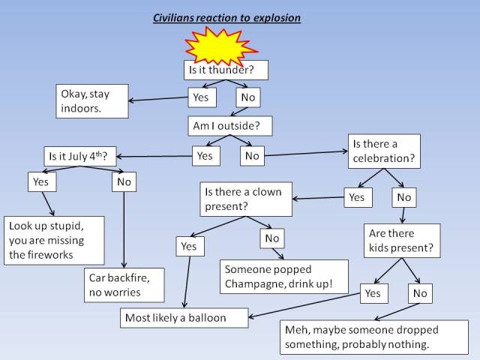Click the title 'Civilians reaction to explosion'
(x=226, y=16)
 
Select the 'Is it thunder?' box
(x=226, y=70)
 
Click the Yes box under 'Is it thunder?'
(x=201, y=97)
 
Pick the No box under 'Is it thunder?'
(x=247, y=97)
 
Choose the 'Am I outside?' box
(x=229, y=126)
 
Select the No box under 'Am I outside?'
(x=252, y=155)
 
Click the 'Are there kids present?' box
(x=397, y=241)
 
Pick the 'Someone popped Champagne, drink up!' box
(x=283, y=277)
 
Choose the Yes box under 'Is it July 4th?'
(x=41, y=181)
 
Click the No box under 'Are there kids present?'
(x=420, y=293)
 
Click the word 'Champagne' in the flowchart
(x=254, y=284)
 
